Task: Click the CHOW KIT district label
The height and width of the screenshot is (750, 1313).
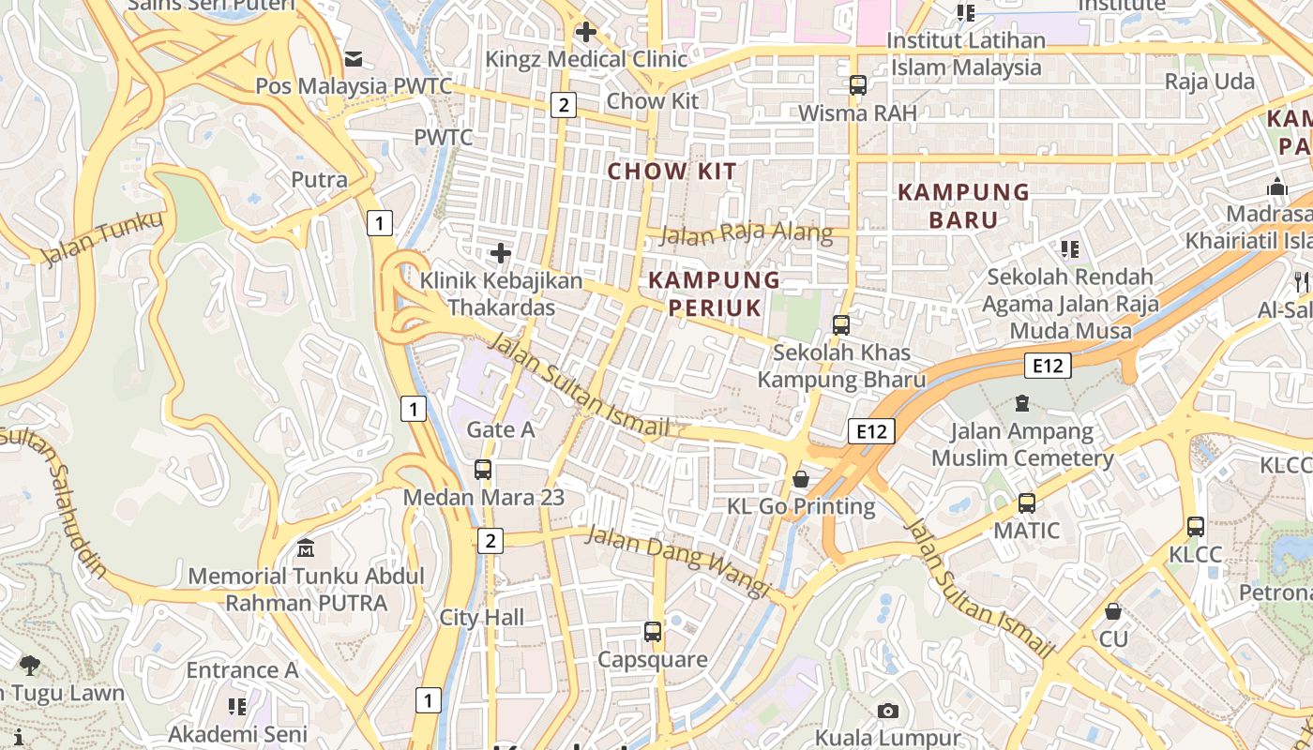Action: [672, 172]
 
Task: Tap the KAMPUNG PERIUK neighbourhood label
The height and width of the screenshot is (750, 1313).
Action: [715, 292]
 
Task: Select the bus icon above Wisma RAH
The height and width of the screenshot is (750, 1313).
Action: [857, 85]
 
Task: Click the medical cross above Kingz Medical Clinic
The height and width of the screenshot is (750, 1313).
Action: [586, 32]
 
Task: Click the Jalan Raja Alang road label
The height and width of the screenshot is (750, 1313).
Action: [746, 232]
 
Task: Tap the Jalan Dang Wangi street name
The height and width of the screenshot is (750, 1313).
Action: [677, 560]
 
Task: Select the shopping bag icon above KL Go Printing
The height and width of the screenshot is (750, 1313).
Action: [801, 479]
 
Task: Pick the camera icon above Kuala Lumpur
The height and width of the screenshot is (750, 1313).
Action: [888, 711]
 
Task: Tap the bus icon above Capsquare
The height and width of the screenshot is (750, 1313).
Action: [653, 632]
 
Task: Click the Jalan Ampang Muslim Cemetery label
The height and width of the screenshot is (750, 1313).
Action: [1022, 445]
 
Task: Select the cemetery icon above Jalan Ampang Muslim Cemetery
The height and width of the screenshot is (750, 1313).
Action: [1022, 403]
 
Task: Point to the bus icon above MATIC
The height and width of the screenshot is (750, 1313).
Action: [1027, 503]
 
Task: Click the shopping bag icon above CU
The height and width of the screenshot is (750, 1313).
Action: [1113, 611]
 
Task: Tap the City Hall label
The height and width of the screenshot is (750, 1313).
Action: [482, 618]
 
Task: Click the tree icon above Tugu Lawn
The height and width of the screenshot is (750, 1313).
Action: [30, 666]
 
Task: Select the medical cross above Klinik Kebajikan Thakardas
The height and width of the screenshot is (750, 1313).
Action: [501, 253]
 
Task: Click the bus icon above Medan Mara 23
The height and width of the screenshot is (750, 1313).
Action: [483, 470]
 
